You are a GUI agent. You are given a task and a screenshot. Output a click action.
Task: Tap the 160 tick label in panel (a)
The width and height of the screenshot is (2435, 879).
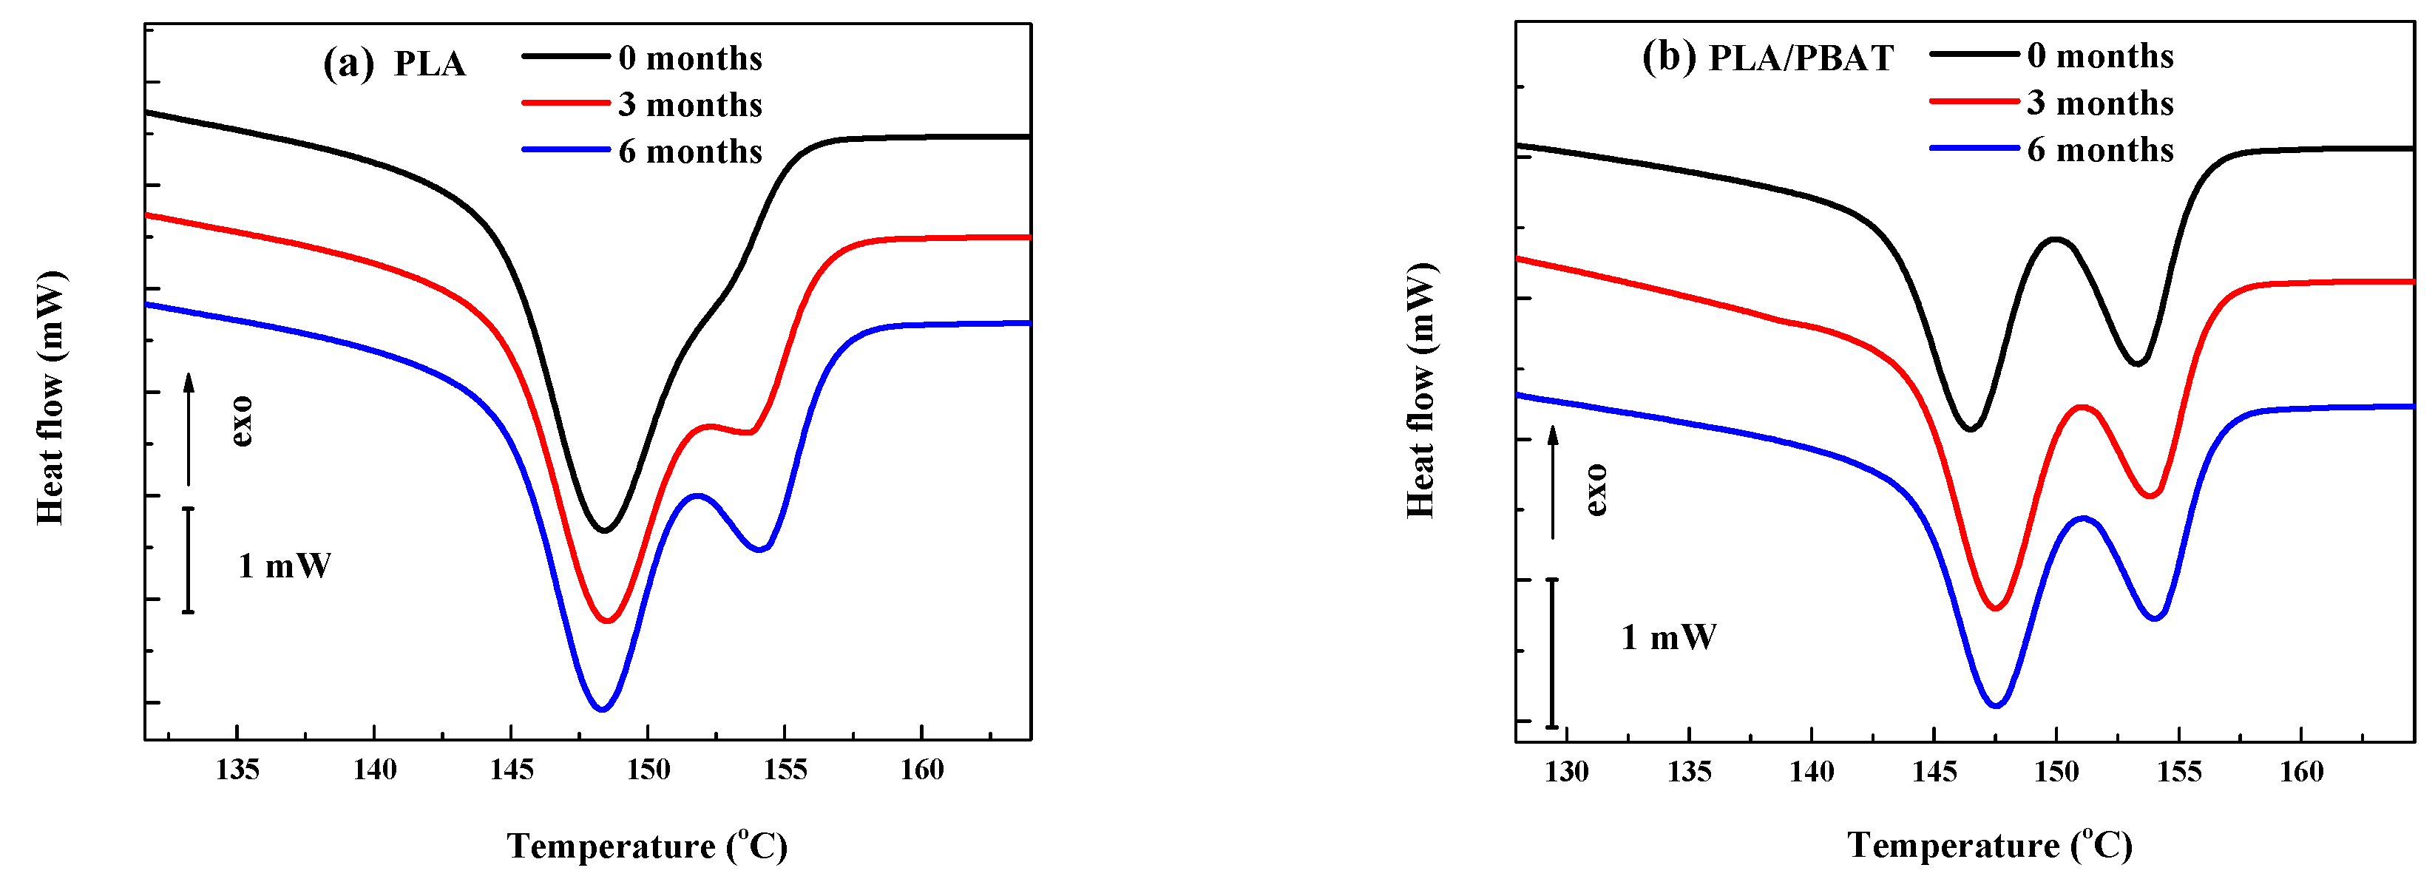[921, 770]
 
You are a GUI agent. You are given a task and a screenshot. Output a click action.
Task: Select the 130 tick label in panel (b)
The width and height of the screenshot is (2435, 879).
[1566, 773]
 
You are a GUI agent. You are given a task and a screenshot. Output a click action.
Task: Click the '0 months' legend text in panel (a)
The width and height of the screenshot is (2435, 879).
[690, 58]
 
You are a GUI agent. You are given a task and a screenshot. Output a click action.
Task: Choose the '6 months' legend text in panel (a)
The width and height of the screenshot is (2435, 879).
[690, 152]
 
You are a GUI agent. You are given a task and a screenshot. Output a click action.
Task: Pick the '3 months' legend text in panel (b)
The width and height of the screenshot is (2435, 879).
[2099, 103]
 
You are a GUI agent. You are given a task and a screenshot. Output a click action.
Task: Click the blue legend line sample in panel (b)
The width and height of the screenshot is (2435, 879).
[1974, 149]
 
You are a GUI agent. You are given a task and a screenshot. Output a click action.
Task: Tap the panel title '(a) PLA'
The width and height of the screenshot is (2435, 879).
[394, 64]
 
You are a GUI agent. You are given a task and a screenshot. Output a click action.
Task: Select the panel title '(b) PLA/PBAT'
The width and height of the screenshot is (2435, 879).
[1767, 58]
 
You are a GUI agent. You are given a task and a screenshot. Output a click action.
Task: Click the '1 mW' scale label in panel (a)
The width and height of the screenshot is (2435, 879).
[285, 566]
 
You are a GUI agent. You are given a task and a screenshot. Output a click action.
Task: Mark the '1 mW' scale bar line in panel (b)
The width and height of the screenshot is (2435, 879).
[1551, 652]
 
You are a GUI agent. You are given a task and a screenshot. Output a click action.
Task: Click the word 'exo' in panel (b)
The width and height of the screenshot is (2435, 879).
[1596, 489]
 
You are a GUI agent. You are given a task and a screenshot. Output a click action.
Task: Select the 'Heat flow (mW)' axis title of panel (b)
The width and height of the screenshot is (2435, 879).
[1420, 390]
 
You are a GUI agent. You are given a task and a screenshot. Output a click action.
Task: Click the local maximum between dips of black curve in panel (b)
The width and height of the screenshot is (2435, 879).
[2056, 239]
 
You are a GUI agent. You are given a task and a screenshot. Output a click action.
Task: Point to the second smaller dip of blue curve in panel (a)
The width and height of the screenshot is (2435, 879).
[760, 549]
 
